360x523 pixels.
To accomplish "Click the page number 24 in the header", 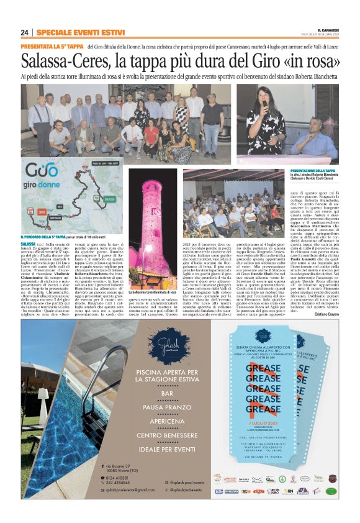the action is coord(25,32).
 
